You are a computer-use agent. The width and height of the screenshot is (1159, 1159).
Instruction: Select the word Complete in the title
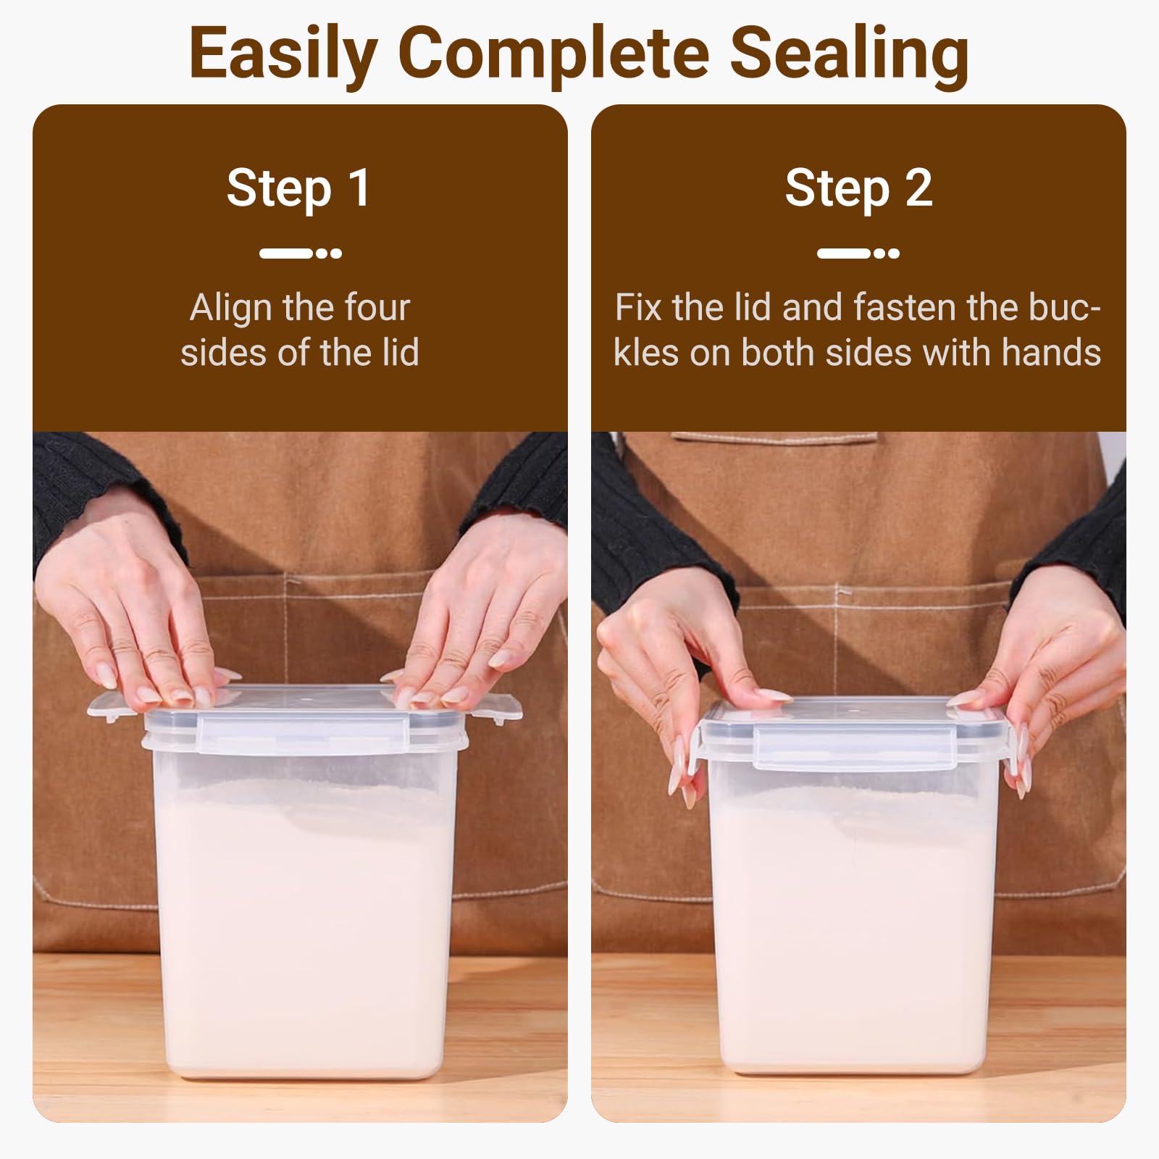[x=553, y=54]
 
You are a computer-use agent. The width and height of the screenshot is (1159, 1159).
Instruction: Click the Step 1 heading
[x=298, y=188]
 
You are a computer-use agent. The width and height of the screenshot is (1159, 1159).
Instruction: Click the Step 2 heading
[x=858, y=188]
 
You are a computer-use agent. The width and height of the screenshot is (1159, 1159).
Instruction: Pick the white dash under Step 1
[x=285, y=254]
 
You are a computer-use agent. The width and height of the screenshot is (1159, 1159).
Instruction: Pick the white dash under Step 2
[x=844, y=254]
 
